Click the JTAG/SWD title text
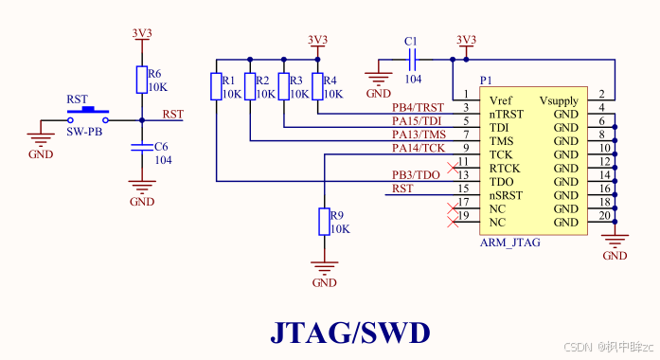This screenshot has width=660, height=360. (349, 333)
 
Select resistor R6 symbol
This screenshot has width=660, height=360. (141, 80)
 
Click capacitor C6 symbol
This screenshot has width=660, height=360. (141, 147)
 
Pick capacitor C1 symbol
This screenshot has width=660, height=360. (411, 60)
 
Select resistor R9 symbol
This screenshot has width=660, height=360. (324, 222)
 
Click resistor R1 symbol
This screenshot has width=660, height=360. (216, 87)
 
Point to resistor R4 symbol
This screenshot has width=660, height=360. (317, 87)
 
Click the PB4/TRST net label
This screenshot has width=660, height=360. (418, 108)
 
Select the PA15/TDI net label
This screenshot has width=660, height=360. (418, 121)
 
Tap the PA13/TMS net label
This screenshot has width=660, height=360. (418, 135)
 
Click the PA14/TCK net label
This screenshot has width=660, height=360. (418, 148)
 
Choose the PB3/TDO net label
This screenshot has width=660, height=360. (416, 175)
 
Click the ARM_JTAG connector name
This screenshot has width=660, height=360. (510, 243)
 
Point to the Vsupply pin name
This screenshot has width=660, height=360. (559, 100)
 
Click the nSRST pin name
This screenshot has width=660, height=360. (505, 194)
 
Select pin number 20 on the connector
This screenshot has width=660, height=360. (602, 215)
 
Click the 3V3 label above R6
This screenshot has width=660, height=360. (141, 33)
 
